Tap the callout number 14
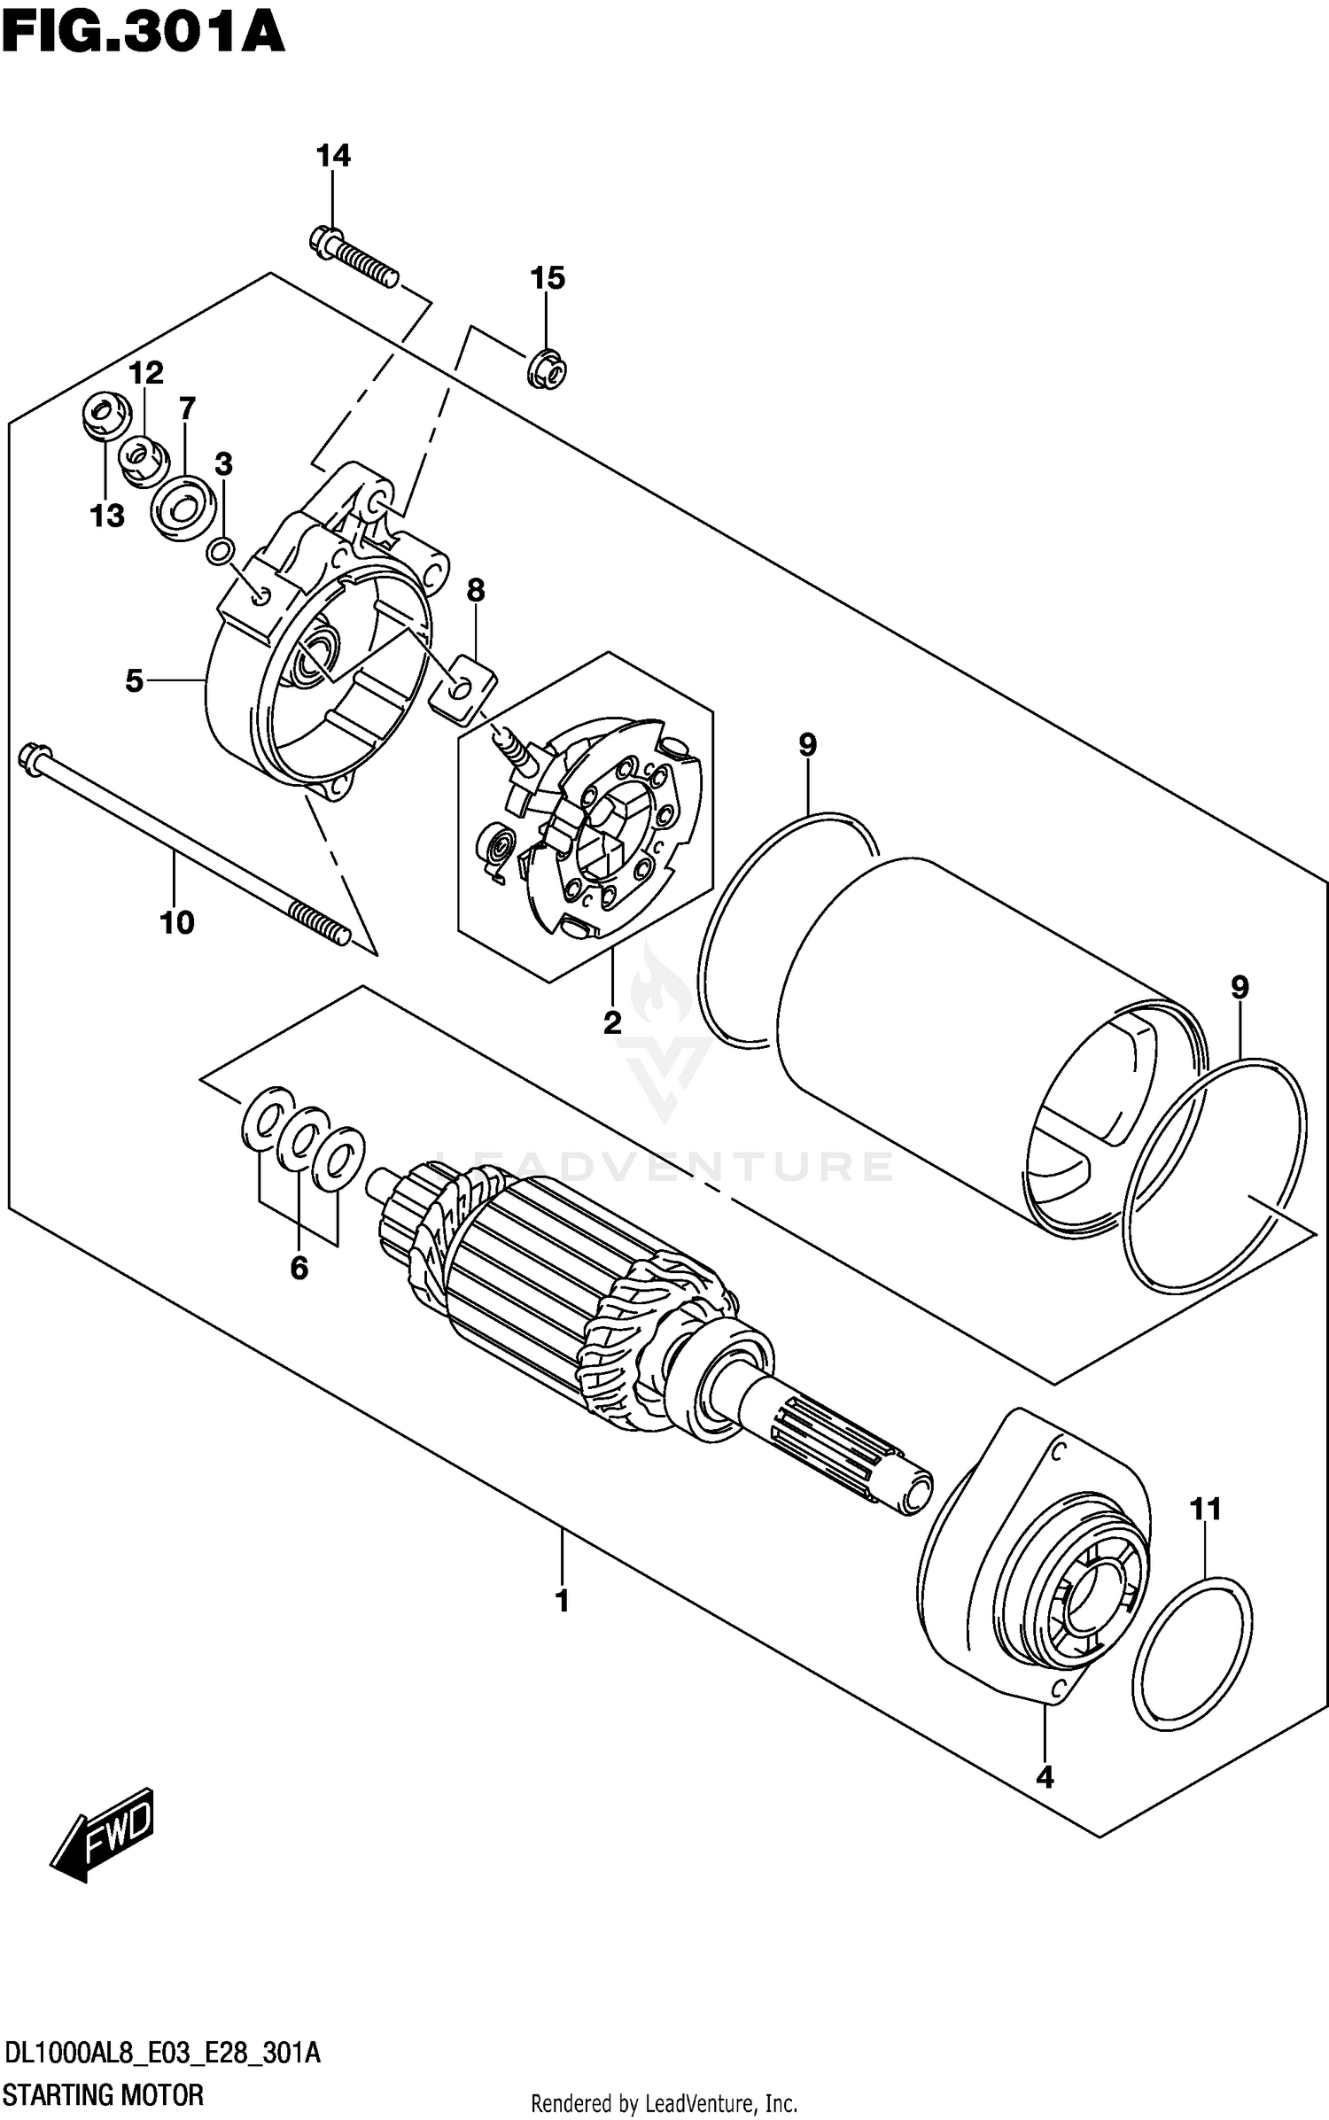pyautogui.click(x=333, y=156)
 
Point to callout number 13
pyautogui.click(x=107, y=515)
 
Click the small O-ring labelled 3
pyautogui.click(x=221, y=551)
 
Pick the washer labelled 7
pyautogui.click(x=184, y=508)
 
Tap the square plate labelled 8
pyautogui.click(x=462, y=686)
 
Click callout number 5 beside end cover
pyautogui.click(x=134, y=680)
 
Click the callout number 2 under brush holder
pyautogui.click(x=612, y=1023)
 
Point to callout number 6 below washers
pyautogui.click(x=299, y=1268)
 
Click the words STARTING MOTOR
pyautogui.click(x=105, y=2095)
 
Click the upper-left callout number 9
pyautogui.click(x=807, y=745)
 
